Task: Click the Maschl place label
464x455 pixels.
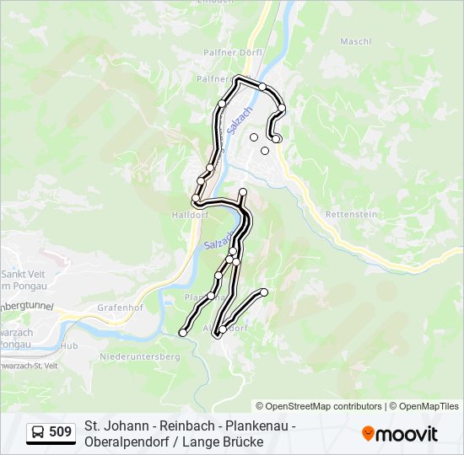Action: coord(355,41)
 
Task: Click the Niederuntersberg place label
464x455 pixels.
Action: coord(140,357)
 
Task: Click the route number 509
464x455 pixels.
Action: coord(60,432)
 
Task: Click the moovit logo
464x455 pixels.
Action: coord(400,434)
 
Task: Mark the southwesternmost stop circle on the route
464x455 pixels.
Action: coord(182,334)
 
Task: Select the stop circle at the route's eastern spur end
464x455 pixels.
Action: coord(264,292)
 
